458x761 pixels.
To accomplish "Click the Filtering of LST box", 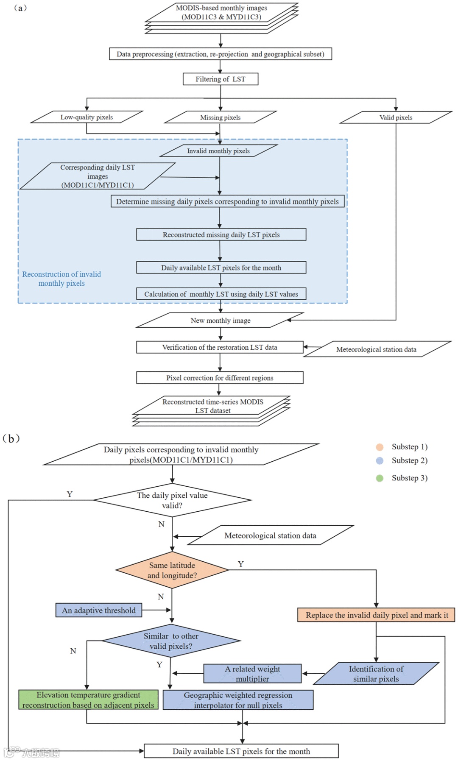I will click(x=221, y=79).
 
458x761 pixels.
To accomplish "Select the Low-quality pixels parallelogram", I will click(x=87, y=117).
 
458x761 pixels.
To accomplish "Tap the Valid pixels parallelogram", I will click(x=396, y=117).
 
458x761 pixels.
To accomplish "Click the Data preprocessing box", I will click(x=221, y=54).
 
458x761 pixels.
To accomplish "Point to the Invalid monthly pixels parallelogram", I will click(x=218, y=151).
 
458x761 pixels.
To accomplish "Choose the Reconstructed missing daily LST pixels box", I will click(x=221, y=235).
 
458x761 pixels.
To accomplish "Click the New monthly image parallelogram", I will click(x=220, y=321).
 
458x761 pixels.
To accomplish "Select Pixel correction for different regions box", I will click(x=220, y=378).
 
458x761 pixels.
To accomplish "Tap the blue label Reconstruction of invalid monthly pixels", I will click(x=61, y=279).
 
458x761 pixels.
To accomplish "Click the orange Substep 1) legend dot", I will click(x=380, y=447).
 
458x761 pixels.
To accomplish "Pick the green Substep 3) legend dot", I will click(x=380, y=478).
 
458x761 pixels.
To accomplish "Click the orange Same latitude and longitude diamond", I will click(x=172, y=570).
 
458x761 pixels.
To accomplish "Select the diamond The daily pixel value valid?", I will click(x=172, y=500).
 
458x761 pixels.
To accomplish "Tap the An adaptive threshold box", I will click(x=99, y=610).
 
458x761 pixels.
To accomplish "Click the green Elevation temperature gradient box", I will click(x=88, y=700).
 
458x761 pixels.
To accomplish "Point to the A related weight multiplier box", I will click(x=252, y=674).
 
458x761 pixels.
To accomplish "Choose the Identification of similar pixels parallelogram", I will click(x=376, y=674).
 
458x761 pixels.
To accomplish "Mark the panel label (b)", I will click(x=11, y=438).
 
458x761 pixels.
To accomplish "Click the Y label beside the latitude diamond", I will click(x=241, y=564).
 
